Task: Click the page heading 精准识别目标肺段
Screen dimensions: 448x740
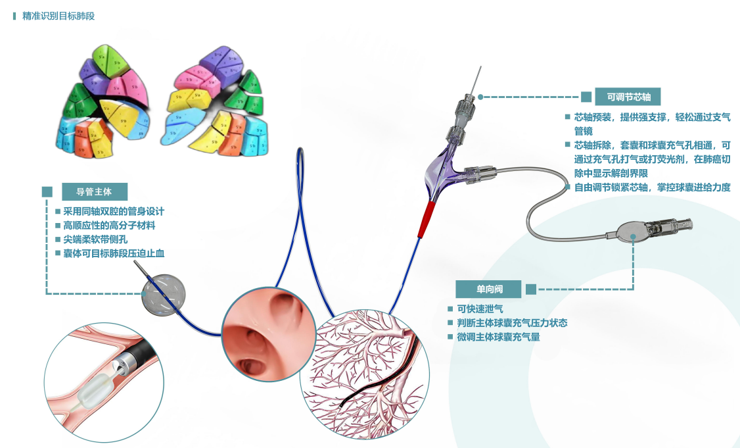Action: click(58, 16)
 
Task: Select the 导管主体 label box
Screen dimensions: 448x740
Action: click(94, 192)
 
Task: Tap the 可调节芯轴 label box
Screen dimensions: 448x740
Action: click(628, 96)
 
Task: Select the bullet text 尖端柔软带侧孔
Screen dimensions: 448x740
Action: click(95, 239)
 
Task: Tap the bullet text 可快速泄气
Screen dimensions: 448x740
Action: click(480, 309)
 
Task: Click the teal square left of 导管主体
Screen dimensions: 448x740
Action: click(47, 192)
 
